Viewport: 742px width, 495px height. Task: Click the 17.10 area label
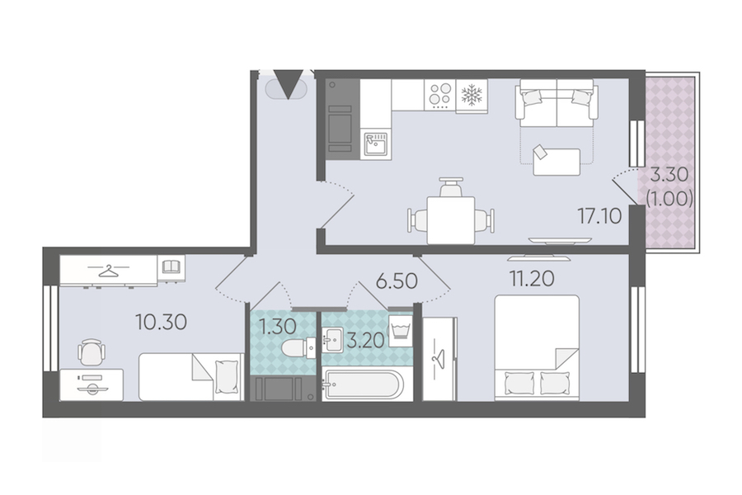[599, 216]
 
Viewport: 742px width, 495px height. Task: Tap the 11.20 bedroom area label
[532, 279]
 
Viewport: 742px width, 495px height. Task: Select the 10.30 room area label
[162, 322]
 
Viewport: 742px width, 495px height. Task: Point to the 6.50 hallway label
[397, 280]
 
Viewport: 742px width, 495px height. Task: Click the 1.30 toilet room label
[278, 327]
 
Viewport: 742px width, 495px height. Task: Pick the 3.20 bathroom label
[365, 341]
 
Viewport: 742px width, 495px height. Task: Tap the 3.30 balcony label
[669, 175]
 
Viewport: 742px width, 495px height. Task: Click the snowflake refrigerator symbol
[472, 94]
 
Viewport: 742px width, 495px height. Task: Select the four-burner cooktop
[440, 94]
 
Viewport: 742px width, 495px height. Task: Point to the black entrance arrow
[289, 84]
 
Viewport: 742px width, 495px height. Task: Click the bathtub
[364, 385]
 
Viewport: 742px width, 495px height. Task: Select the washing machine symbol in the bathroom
[400, 327]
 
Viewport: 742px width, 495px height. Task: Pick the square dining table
[450, 220]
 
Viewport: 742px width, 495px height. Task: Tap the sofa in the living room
[557, 103]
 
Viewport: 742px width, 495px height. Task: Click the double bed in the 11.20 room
[537, 347]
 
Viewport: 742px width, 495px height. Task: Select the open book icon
[171, 266]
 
